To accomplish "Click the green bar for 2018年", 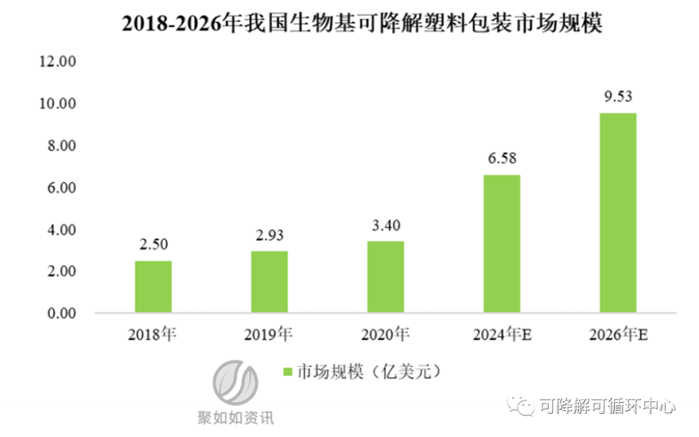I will click(153, 287).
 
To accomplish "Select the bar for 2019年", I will click(269, 282).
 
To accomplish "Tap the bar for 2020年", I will click(386, 277).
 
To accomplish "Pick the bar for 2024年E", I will click(502, 244).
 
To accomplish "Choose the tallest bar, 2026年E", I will click(618, 213).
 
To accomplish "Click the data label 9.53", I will click(617, 97).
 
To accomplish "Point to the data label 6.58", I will click(502, 159).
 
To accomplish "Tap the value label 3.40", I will click(386, 226).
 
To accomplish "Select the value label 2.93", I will click(269, 235).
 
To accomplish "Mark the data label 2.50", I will click(153, 245).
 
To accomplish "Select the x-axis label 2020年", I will click(386, 335).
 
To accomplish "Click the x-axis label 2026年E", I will click(619, 335).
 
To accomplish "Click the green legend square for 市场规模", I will click(288, 372).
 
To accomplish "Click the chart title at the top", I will click(362, 24).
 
